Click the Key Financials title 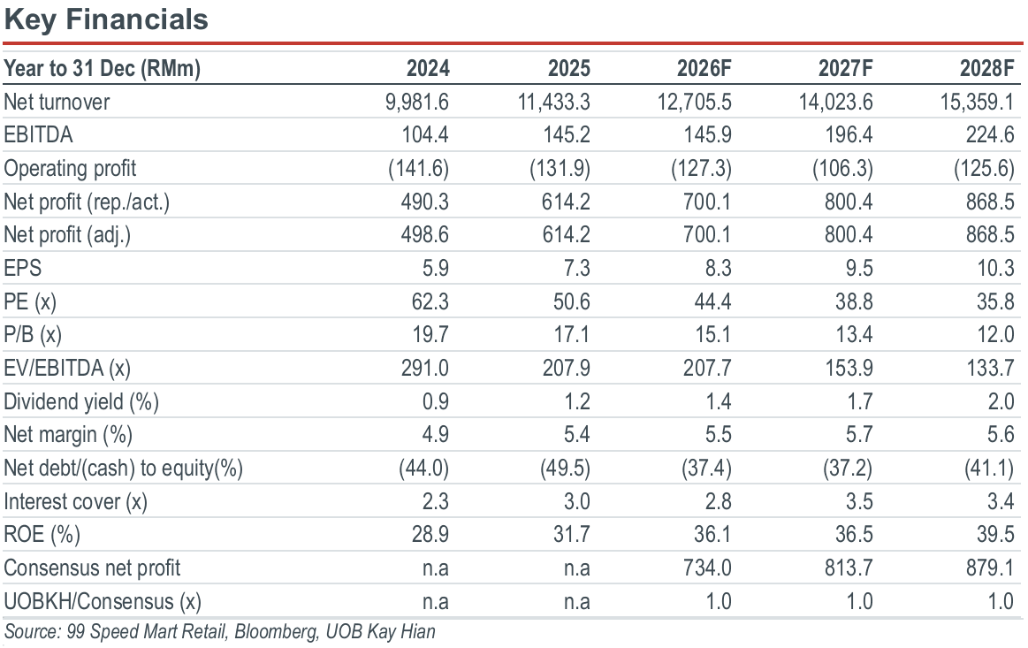106,20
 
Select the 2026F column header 704,68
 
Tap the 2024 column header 428,68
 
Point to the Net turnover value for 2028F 977,102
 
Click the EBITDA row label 38,135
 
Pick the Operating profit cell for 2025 560,169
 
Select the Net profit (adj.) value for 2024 425,235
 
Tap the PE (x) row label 30,301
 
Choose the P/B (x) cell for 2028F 996,334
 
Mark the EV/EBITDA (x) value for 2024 425,368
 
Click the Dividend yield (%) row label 81,401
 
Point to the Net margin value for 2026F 718,434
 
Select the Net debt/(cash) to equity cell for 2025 565,469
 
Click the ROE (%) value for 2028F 996,535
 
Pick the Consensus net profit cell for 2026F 707,568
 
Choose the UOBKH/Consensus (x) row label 103,601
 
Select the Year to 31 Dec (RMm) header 103,68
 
